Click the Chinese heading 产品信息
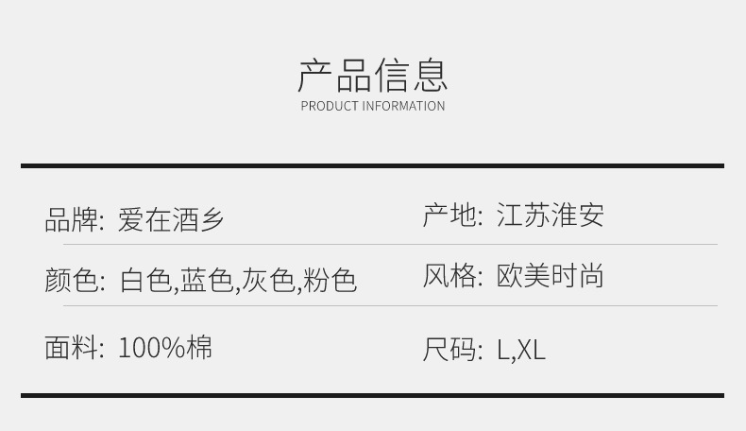coord(373,75)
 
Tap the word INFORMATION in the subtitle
coord(403,106)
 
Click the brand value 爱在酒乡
coord(171,220)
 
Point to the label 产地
coord(449,215)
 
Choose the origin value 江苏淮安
coord(550,215)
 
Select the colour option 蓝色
coord(207,281)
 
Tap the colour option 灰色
coord(268,281)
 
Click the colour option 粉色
coord(330,281)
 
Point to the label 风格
coord(449,276)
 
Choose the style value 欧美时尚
coord(550,276)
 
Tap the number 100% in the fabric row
coord(151,347)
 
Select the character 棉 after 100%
coord(199,347)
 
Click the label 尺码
coord(449,350)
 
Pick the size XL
coord(532,350)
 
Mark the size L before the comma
coord(503,350)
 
